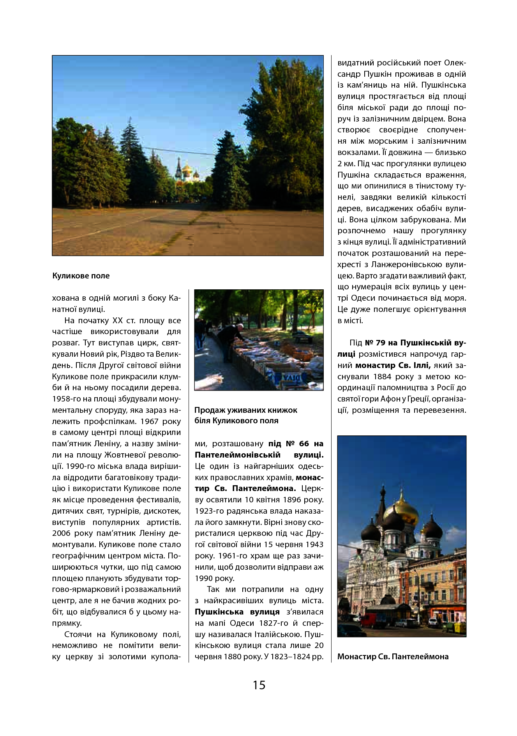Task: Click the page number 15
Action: [x=259, y=685]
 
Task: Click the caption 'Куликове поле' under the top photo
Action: [x=81, y=276]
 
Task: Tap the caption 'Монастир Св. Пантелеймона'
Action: [x=393, y=656]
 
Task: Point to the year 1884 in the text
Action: [x=383, y=377]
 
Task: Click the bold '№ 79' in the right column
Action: [x=375, y=343]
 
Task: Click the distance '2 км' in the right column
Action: [x=345, y=164]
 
